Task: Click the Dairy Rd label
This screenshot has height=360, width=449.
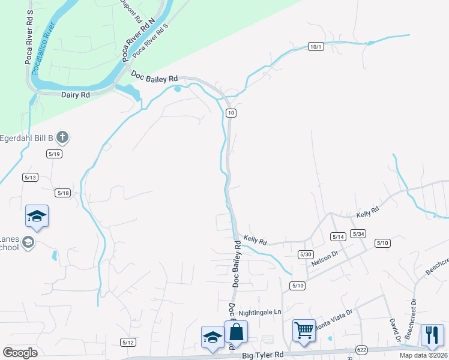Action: [x=75, y=95]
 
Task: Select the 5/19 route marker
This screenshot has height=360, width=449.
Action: [x=54, y=154]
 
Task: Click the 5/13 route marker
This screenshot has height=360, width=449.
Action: [x=30, y=177]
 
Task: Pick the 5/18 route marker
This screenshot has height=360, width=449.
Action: [x=63, y=193]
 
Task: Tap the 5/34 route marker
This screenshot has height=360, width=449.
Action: [x=358, y=234]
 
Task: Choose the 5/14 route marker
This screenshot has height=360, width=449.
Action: [x=338, y=237]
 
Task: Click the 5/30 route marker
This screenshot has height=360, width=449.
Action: [x=306, y=255]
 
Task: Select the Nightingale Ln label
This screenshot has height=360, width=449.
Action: [x=259, y=313]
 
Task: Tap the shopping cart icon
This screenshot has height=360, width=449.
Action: [x=304, y=330]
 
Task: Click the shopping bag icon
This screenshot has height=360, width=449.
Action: [x=236, y=332]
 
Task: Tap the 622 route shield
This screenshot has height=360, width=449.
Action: [x=361, y=349]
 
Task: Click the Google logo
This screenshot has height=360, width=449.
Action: [x=20, y=352]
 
